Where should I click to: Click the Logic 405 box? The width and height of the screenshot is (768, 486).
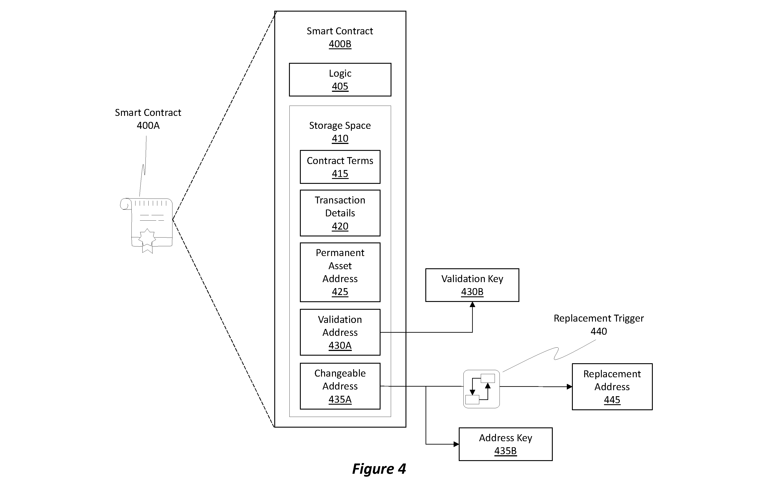click(340, 80)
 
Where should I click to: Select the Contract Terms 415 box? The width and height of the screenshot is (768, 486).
click(340, 167)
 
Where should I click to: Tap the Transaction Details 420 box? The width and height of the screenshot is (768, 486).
click(340, 213)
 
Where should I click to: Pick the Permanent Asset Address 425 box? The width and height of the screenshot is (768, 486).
click(340, 272)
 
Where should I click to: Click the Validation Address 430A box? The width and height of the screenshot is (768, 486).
click(340, 332)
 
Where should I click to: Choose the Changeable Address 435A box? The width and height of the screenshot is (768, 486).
click(340, 386)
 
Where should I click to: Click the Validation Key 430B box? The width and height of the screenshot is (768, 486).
click(472, 285)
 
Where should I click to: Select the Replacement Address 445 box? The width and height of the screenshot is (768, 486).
click(612, 386)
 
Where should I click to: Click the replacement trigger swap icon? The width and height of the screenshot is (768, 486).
click(481, 389)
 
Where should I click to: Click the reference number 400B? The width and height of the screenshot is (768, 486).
click(340, 44)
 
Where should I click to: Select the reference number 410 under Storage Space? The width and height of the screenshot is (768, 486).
click(340, 138)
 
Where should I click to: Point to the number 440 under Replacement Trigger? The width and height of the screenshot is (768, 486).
click(599, 331)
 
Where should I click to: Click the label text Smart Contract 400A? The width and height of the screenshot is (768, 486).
click(148, 119)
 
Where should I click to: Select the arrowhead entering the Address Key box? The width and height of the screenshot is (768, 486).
click(456, 444)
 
